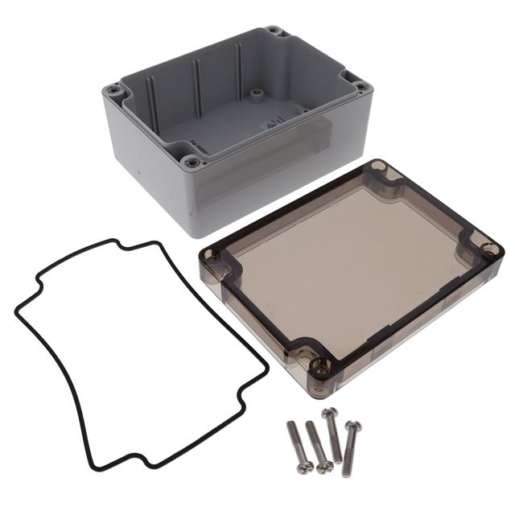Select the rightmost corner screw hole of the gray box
(361, 86)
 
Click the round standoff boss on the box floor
(257, 94)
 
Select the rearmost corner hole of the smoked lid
(379, 170)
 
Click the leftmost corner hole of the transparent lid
(212, 257)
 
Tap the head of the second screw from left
(324, 466)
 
